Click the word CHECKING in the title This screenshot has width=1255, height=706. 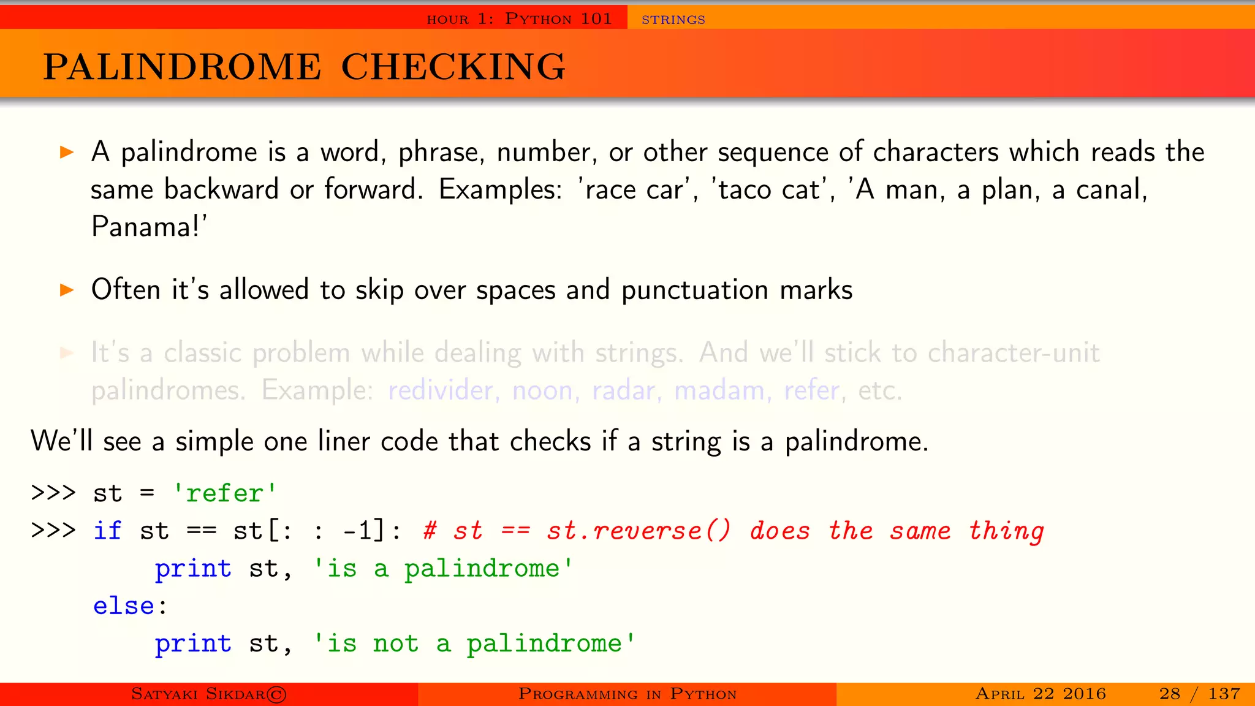coord(453,66)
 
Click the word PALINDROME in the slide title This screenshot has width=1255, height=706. coord(182,66)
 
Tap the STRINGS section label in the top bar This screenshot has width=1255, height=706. coord(673,20)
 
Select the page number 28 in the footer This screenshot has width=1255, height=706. coord(1169,694)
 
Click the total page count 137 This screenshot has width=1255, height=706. coord(1224,694)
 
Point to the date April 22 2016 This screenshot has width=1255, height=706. coord(1041,694)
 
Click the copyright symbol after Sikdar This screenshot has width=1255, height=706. coord(277,694)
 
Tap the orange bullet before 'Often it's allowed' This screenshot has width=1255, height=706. coord(67,290)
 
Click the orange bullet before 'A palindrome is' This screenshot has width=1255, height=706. coord(67,152)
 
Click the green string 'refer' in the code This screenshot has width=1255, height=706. coord(224,493)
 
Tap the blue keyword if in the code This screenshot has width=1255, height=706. coord(107,531)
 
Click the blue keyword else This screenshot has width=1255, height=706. coord(124,606)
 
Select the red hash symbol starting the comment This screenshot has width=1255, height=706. coord(430,531)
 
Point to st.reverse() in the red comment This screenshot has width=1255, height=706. coord(639,531)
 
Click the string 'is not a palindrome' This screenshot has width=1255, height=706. coord(474,643)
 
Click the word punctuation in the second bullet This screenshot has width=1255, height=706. coord(694,290)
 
